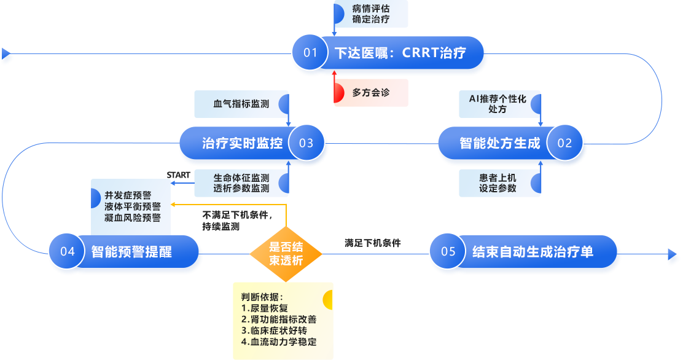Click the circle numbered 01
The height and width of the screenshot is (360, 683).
(x=311, y=53)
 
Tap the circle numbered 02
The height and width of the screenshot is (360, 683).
(x=564, y=144)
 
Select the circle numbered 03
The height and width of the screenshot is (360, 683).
(x=306, y=144)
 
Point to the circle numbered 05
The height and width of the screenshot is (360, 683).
(x=448, y=252)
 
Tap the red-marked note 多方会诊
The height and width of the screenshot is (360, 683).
(x=371, y=93)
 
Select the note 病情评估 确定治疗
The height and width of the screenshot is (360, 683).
(x=371, y=14)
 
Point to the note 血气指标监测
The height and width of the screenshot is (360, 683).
(x=241, y=104)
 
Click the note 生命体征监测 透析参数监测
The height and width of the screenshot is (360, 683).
(x=241, y=183)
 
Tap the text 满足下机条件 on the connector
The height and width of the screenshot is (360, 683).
(x=373, y=243)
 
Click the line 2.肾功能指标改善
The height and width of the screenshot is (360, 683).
(x=279, y=319)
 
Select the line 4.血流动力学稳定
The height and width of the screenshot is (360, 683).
(x=279, y=342)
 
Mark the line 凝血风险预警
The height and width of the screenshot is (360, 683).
(x=133, y=217)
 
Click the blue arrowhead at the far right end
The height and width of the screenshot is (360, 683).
(x=673, y=257)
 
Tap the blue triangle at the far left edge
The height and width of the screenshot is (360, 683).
(x=7, y=57)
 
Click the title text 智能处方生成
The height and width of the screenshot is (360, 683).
(x=500, y=144)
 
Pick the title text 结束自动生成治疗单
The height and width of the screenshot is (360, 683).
(x=533, y=252)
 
